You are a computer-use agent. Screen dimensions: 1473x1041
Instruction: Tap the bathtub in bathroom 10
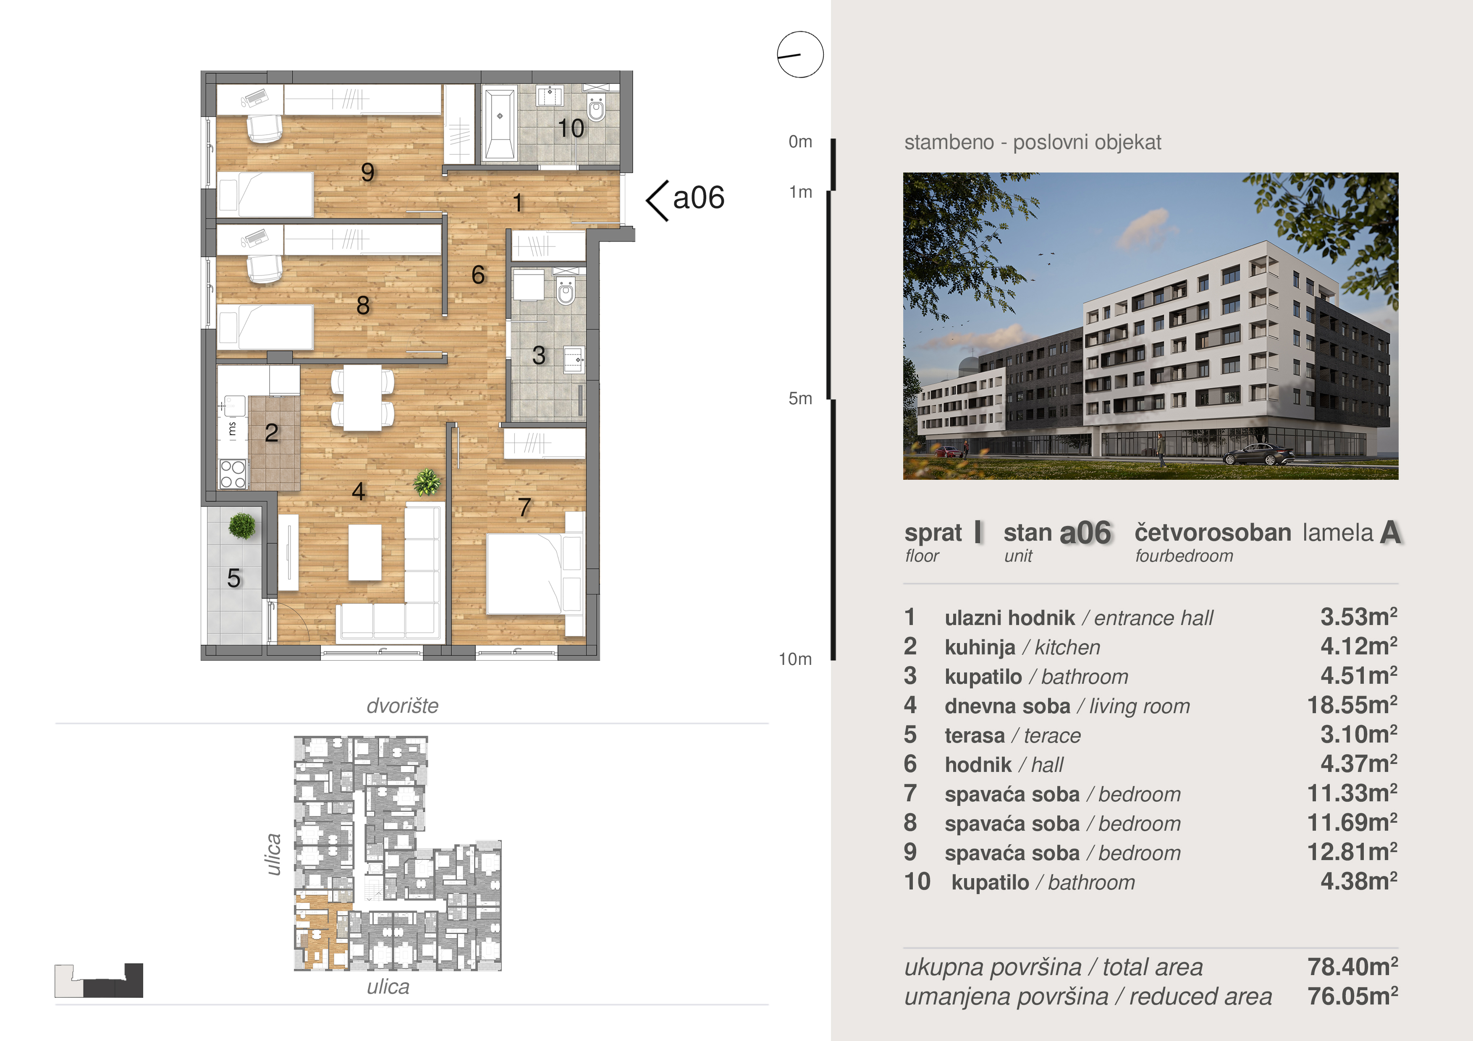click(500, 124)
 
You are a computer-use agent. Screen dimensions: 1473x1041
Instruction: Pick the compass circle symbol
click(800, 55)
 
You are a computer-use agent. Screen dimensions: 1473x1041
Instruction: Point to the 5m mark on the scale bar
click(800, 398)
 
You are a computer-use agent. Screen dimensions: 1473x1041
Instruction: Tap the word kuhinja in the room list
click(980, 647)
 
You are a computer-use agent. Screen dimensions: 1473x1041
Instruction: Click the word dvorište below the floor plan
click(402, 706)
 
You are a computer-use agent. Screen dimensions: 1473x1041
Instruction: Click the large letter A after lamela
click(1390, 532)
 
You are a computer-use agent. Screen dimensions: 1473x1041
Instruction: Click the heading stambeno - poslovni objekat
click(1032, 142)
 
